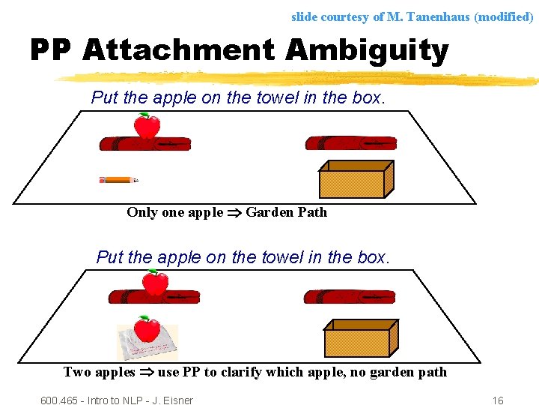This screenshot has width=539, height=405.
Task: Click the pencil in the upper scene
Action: coord(118,180)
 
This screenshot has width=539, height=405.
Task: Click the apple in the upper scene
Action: coord(147,126)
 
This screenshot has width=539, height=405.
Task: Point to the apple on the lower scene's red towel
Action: coord(156,283)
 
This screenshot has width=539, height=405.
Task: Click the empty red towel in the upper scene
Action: coord(350,143)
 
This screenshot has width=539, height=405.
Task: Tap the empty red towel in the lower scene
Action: coord(349,297)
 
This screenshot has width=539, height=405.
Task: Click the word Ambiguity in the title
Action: coord(367,51)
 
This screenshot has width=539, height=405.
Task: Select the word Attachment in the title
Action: coord(180,51)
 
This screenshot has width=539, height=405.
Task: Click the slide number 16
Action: coord(498,400)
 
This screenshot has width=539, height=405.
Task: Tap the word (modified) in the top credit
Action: coord(504,16)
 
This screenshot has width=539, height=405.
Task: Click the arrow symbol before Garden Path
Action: coord(234,212)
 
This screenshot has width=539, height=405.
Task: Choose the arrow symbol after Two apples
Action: coord(147,372)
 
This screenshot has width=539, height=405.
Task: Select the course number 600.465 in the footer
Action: coord(61,400)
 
